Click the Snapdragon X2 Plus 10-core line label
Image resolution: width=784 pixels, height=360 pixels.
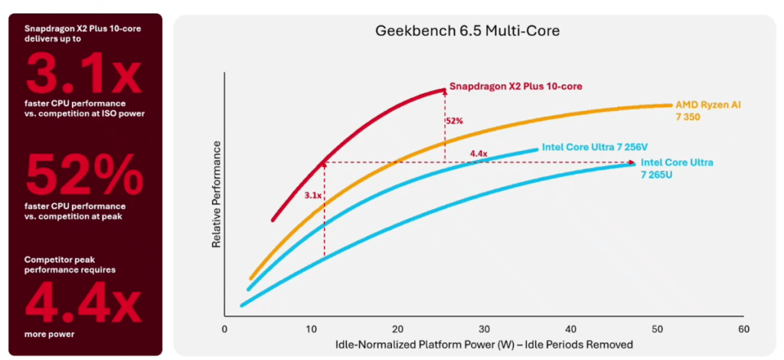click(515, 87)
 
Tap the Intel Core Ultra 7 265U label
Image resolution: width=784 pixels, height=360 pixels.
click(677, 168)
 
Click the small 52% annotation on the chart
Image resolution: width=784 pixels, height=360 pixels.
click(455, 121)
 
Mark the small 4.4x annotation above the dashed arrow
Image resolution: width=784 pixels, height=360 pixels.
click(479, 154)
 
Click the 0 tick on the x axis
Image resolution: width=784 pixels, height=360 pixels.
click(224, 329)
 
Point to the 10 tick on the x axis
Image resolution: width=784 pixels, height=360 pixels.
click(310, 329)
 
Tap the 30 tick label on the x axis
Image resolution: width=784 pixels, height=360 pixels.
click(483, 329)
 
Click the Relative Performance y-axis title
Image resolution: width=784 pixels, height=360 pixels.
click(216, 193)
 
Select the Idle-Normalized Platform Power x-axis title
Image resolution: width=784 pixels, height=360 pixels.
click(484, 345)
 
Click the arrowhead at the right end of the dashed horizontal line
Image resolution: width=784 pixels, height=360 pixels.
click(632, 162)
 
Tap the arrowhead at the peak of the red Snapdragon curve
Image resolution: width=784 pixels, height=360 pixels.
click(443, 90)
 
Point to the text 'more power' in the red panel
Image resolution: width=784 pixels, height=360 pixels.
click(49, 334)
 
